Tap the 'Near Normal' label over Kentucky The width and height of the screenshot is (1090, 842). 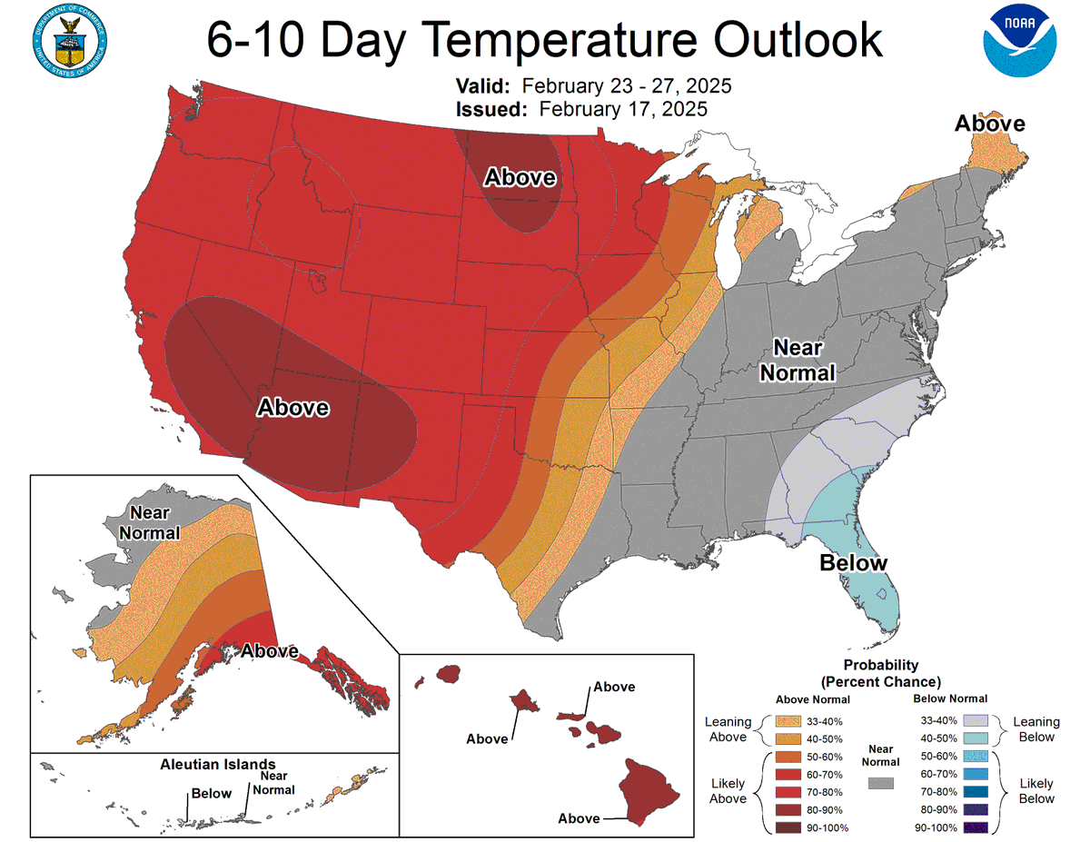797,360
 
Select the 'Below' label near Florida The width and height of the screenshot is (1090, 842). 853,563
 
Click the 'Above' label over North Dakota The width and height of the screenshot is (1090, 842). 520,177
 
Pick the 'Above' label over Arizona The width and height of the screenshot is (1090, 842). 292,407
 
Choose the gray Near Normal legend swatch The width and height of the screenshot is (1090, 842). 880,782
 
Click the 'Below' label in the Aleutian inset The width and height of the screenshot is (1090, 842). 211,794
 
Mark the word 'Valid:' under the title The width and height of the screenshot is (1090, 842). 484,86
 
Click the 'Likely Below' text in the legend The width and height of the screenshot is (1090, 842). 1036,790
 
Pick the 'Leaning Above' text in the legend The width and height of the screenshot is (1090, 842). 728,729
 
